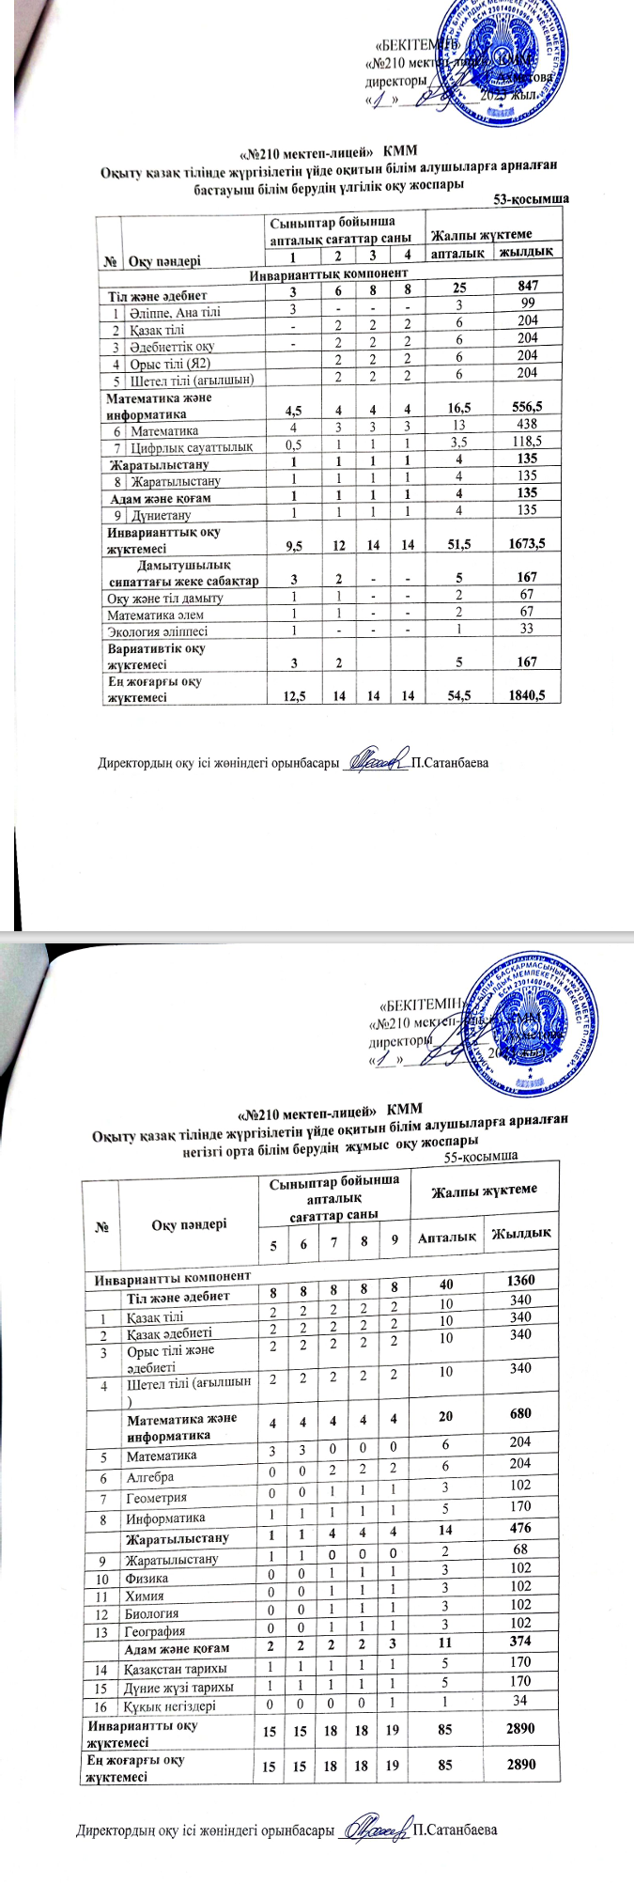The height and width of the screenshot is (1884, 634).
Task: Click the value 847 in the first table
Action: [527, 285]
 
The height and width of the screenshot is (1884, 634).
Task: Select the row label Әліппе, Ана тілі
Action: [176, 311]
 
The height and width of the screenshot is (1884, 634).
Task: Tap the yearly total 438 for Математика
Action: [527, 430]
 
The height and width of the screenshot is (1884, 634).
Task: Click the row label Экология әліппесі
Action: [157, 631]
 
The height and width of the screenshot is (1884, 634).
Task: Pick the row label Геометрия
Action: [156, 1498]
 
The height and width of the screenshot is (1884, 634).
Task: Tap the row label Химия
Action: [145, 1595]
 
